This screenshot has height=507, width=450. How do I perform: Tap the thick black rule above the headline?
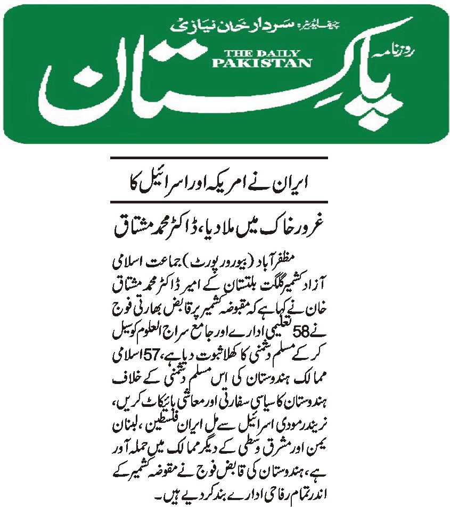(218, 158)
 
